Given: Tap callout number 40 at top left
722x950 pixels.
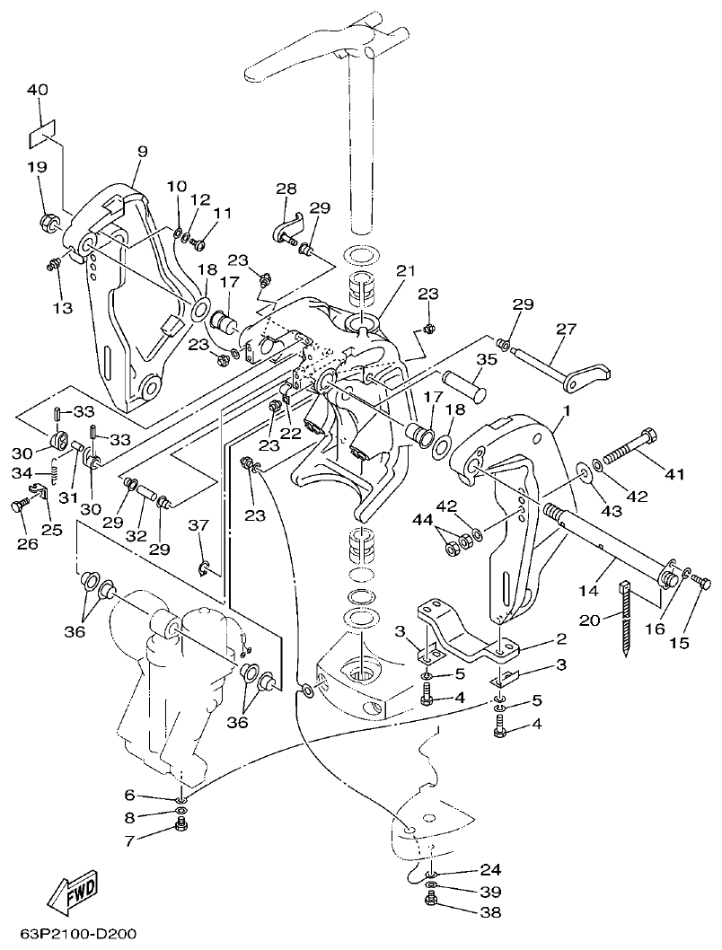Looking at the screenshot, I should coord(37,90).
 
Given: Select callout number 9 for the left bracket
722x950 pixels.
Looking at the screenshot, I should coord(142,152).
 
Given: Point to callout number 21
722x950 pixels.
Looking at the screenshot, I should coord(407,271).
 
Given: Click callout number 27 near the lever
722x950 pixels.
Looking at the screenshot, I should coord(566,330).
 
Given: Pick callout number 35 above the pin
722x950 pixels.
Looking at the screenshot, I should coord(486,359).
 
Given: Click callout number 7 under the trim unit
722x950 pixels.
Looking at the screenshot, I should coord(129,840).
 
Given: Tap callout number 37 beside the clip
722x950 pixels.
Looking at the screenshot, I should coord(198,525).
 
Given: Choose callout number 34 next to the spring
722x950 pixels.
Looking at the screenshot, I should coord(24,473).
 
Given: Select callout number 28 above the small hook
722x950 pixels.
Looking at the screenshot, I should coord(286,189).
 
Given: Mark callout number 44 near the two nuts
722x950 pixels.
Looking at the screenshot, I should coord(421,520).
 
